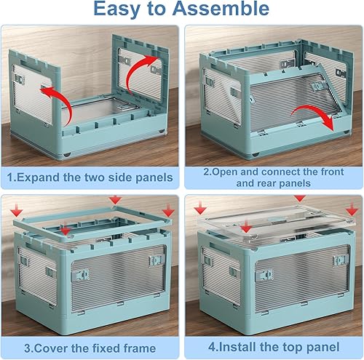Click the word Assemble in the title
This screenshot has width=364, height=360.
(221, 9)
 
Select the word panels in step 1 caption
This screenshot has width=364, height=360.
(154, 178)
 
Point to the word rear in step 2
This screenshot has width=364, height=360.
(266, 183)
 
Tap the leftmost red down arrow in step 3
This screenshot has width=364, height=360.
(17, 210)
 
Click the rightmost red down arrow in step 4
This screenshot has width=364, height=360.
(352, 209)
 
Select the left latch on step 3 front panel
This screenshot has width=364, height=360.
(80, 275)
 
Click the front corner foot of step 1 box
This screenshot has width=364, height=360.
(66, 155)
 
